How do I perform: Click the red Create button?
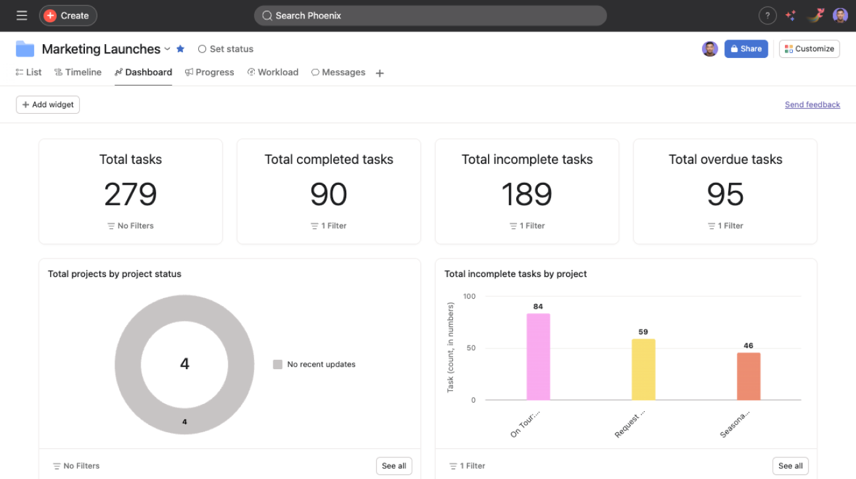coord(68,16)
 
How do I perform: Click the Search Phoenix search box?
coord(430,16)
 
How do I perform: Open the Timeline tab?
coord(78,72)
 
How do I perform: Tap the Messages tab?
coord(338,72)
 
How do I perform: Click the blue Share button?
coord(746,49)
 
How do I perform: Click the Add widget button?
coord(48,105)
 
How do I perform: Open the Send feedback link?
coord(812,105)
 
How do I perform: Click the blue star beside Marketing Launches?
coord(180,49)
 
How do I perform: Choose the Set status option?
coord(226,49)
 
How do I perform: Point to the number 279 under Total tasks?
coord(130,194)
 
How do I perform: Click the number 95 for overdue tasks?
coord(725,194)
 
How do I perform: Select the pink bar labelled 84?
coord(538,357)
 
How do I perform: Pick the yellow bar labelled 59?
coord(643,369)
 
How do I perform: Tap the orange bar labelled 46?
coord(749,376)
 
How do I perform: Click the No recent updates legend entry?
coord(315,365)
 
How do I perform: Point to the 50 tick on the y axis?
coord(471,348)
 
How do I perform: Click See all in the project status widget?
coord(394,466)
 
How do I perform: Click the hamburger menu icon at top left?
coord(22,16)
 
